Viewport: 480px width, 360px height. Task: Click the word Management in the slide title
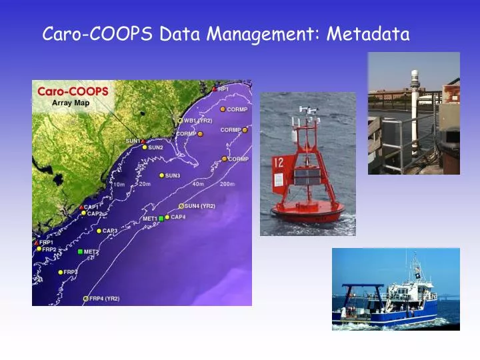point(270,33)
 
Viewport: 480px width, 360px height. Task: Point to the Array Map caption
point(71,103)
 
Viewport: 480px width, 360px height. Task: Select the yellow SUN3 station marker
point(161,176)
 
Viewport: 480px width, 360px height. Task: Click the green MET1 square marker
point(161,219)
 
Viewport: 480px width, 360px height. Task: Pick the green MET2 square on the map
point(81,251)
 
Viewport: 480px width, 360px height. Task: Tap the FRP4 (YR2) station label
point(105,299)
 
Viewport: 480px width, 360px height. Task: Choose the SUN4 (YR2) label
point(199,206)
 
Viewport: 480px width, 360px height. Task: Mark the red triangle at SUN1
point(143,141)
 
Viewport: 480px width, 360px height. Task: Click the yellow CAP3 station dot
point(99,231)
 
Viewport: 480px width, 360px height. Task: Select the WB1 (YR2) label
point(198,121)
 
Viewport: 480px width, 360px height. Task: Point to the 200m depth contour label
point(227,183)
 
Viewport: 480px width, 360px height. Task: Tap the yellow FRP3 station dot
point(61,272)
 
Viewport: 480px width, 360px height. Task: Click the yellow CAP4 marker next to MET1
point(167,217)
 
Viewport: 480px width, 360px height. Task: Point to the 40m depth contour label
point(198,183)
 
